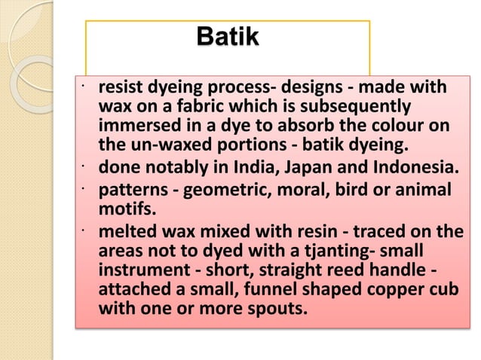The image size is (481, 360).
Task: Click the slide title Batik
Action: coord(226,36)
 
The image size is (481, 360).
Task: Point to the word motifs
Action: coord(125,207)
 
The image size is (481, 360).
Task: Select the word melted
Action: coord(124,231)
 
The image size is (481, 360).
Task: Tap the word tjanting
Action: coord(320,249)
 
